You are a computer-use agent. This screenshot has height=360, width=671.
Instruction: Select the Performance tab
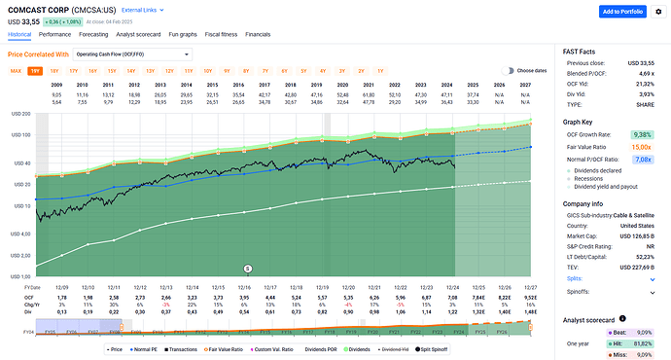click(54, 33)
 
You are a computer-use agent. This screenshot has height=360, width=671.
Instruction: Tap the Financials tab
click(258, 33)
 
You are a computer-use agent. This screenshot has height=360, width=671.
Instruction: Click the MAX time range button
click(16, 71)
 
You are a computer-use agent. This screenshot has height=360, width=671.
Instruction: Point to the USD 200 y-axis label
click(18, 114)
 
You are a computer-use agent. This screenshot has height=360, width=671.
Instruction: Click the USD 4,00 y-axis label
click(18, 234)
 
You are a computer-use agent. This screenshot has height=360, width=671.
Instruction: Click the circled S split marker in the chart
click(247, 267)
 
